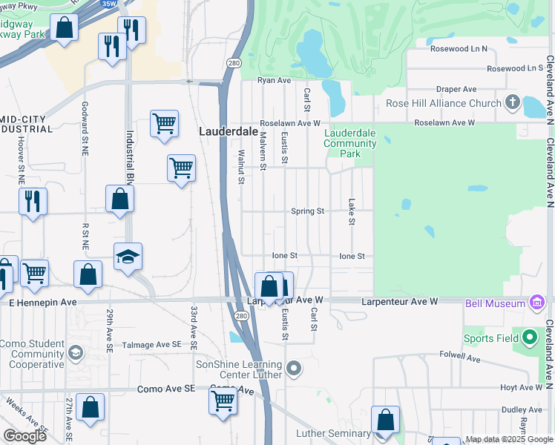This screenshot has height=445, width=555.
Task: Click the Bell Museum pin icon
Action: tap(537, 303)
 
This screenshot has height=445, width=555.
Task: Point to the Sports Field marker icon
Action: tap(529, 338)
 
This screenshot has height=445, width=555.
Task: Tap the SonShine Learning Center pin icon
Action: tap(295, 369)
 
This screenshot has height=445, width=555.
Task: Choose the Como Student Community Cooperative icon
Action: tap(73, 353)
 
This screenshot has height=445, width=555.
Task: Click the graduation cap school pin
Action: tap(128, 257)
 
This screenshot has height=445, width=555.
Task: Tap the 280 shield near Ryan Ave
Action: tap(234, 63)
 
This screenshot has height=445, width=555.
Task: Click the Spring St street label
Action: tap(307, 211)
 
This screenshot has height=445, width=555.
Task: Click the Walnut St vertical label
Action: tap(241, 165)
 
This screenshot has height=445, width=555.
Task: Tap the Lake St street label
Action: tap(352, 212)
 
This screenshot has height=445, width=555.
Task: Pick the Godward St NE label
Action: tap(84, 123)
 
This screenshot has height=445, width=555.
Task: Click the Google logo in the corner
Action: tap(24, 435)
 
